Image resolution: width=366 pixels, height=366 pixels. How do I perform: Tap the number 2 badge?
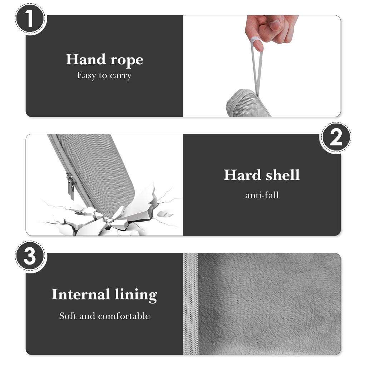(336, 138)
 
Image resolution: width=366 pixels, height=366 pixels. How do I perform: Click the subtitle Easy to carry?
(104, 76)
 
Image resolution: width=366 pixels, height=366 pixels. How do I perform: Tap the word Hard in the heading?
(242, 175)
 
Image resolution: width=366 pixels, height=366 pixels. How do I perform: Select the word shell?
(283, 175)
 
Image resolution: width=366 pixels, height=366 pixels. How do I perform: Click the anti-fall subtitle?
(262, 195)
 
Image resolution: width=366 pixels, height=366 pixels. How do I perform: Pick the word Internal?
(81, 294)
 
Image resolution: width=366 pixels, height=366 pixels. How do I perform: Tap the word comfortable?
(124, 316)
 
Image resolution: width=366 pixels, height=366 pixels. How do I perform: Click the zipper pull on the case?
(71, 187)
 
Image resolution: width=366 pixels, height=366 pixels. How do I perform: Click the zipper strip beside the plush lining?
(191, 304)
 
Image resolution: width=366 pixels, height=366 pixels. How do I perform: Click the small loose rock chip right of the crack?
(162, 214)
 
